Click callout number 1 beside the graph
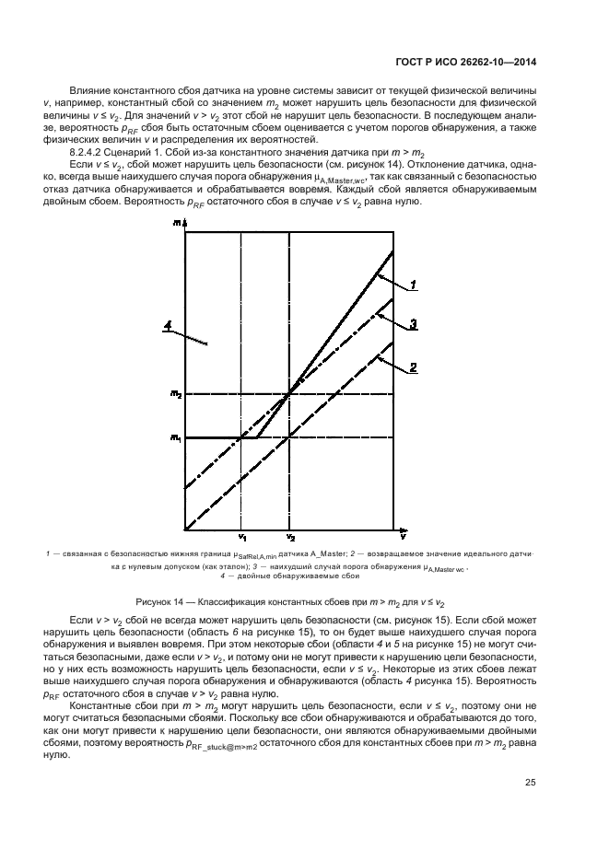[415, 285]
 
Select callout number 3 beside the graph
[415, 323]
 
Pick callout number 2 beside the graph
[415, 367]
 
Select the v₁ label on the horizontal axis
[240, 538]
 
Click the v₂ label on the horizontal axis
[289, 538]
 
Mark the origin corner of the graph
[185, 529]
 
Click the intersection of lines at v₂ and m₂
[289, 393]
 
